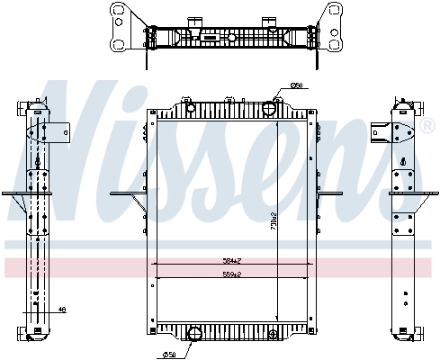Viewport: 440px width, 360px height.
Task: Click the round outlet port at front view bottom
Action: (193, 336)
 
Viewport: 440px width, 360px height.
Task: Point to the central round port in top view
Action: (230, 38)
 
